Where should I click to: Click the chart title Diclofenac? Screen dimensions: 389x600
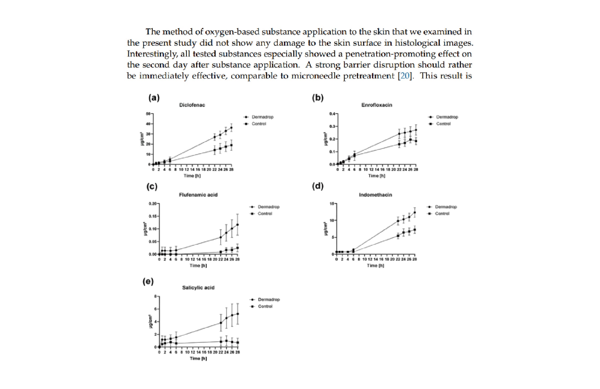pyautogui.click(x=192, y=105)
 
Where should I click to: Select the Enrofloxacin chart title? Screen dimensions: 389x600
pyautogui.click(x=377, y=105)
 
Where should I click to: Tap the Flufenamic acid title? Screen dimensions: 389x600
pyautogui.click(x=198, y=195)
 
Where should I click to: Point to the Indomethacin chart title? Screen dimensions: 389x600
pyautogui.click(x=375, y=195)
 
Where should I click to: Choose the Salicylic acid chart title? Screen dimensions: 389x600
pyautogui.click(x=198, y=288)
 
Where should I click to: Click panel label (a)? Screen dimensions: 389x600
pyautogui.click(x=154, y=98)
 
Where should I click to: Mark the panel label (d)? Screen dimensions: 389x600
pyautogui.click(x=318, y=186)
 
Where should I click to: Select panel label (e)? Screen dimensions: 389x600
pyautogui.click(x=148, y=281)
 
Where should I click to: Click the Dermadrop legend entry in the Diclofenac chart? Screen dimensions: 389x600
pyautogui.click(x=262, y=117)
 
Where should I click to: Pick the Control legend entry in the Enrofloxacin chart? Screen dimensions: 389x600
pyautogui.click(x=443, y=124)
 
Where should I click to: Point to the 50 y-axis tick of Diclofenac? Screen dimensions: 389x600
pyautogui.click(x=148, y=114)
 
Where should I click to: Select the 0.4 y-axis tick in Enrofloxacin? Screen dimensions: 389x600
pyautogui.click(x=332, y=114)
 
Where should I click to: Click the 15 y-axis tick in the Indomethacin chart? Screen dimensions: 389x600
pyautogui.click(x=332, y=204)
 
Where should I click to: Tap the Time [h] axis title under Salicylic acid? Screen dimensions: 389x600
pyautogui.click(x=198, y=358)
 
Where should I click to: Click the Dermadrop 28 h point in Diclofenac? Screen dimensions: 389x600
pyautogui.click(x=231, y=128)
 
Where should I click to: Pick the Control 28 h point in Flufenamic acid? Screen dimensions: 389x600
pyautogui.click(x=237, y=248)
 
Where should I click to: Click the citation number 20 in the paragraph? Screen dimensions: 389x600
pyautogui.click(x=405, y=76)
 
